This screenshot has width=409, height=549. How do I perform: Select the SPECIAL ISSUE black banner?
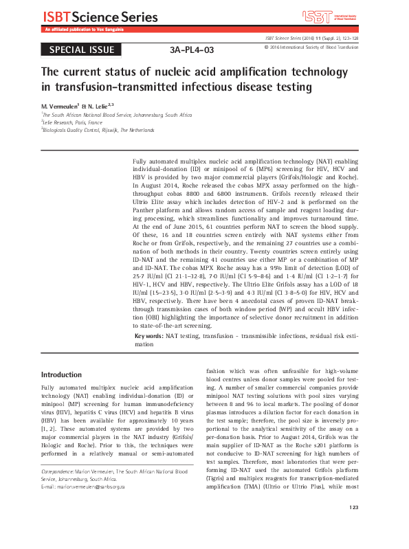point(82,50)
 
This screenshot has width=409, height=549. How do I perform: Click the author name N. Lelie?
point(98,107)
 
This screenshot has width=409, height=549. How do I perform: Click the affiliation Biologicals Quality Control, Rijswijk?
point(98,129)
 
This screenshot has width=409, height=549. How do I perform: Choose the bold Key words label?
point(148,336)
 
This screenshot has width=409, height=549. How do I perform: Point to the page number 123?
point(354,527)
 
